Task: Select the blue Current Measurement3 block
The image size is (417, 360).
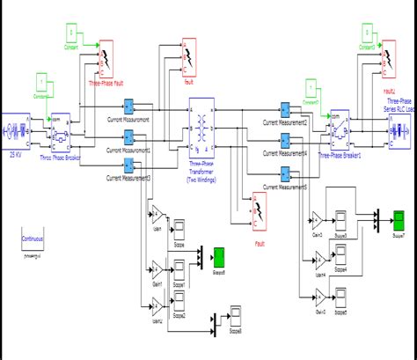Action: click(129, 162)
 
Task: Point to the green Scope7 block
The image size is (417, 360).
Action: click(398, 217)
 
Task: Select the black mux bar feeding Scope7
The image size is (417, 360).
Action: click(374, 217)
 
